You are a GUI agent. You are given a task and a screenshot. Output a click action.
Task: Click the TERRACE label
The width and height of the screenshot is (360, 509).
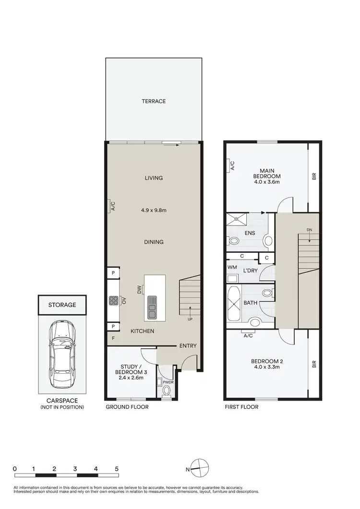[154, 101]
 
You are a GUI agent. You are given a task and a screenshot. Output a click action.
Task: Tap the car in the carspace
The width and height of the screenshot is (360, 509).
[62, 354]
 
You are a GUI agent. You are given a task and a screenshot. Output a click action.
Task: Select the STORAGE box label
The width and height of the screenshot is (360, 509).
[62, 305]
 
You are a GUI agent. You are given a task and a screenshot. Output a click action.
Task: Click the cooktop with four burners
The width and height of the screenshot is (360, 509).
[114, 301]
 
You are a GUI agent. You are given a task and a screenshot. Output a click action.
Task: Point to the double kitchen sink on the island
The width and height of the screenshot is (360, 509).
[152, 306]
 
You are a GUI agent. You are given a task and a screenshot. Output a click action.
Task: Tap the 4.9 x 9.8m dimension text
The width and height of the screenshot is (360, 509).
[154, 210]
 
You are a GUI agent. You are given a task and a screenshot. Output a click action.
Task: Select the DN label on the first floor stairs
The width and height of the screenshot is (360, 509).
[310, 231]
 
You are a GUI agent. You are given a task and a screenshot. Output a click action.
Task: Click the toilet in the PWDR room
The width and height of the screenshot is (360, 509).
[167, 391]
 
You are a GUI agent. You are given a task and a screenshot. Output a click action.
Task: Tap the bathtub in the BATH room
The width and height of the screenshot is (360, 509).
[236, 304]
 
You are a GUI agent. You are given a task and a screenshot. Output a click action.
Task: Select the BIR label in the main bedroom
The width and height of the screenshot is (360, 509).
[314, 177]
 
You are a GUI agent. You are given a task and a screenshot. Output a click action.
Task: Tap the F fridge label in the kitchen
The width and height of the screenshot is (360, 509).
[114, 338]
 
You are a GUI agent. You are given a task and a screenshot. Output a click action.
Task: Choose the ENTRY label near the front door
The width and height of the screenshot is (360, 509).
[188, 346]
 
